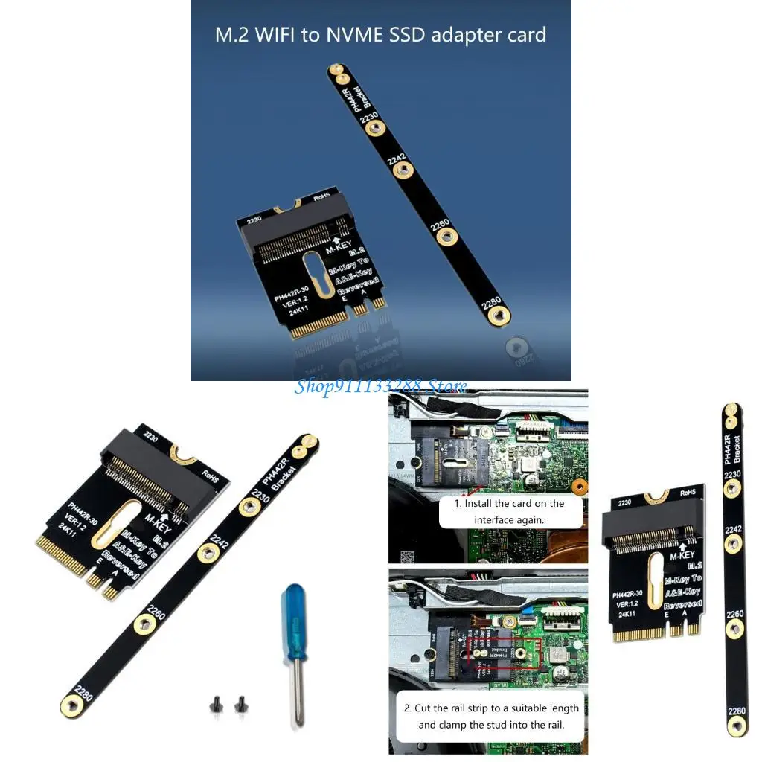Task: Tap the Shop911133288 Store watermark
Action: point(381,386)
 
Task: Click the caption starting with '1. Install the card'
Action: point(510,511)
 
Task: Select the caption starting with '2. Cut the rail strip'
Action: point(491,716)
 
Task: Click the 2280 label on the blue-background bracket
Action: point(490,303)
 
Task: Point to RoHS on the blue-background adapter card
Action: point(321,197)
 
